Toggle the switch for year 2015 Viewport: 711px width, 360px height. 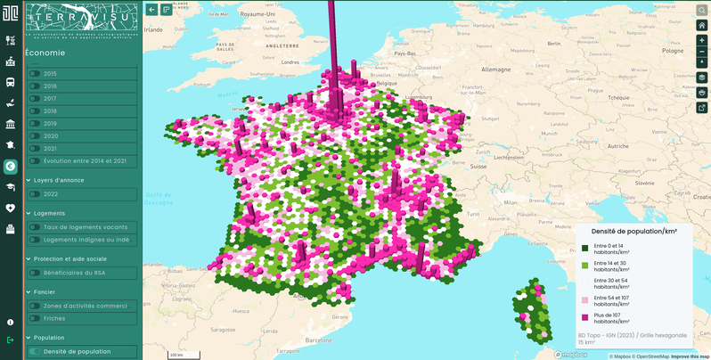pos(35,74)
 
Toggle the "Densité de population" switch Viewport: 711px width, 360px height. pos(35,351)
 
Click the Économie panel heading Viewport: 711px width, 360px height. pos(45,53)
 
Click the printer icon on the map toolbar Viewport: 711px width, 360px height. pos(702,93)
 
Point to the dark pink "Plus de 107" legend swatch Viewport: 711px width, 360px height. pos(585,318)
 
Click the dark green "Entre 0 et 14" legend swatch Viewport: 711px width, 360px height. pos(585,248)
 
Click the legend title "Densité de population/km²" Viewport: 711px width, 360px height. pos(633,231)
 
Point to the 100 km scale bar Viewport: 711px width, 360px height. pos(177,355)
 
